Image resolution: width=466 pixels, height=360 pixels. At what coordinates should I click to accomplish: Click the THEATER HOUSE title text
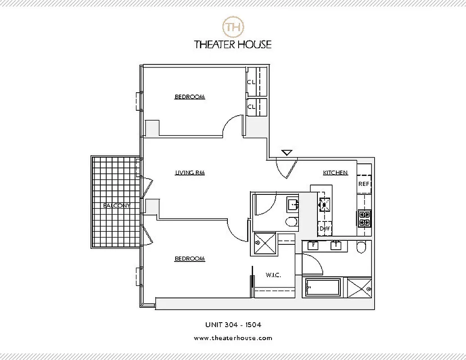point(233,44)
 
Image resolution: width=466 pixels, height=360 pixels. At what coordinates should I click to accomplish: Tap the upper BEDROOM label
point(190,97)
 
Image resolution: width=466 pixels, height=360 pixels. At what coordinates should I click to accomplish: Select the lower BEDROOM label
point(190,259)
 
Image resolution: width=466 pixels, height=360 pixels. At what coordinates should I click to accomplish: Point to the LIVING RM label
point(190,172)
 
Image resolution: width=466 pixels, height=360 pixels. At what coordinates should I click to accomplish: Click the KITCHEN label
point(335,172)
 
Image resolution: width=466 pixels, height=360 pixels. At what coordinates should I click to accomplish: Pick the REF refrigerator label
point(364,184)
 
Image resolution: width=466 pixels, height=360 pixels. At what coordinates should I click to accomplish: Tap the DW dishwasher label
point(325,229)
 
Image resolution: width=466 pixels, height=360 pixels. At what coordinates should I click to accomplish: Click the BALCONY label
point(116,206)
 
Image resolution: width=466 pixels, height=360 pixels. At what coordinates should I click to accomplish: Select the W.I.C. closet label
point(273,275)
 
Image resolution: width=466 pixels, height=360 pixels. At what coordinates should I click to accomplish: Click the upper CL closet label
point(251,82)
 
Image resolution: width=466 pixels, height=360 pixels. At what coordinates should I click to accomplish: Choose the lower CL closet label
point(251,107)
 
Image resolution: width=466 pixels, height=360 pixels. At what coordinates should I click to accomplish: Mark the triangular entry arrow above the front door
point(287,153)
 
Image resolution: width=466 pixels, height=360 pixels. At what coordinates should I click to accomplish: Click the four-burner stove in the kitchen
point(364,218)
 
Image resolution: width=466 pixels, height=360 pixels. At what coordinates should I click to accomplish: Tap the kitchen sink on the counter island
point(324,204)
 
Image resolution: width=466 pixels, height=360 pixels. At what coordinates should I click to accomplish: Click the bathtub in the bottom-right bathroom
point(323,288)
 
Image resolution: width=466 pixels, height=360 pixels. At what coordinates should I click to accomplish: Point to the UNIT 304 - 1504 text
point(233,324)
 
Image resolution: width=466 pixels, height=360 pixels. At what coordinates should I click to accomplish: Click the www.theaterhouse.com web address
point(233,338)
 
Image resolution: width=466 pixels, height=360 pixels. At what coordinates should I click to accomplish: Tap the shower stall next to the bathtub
point(358,288)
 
